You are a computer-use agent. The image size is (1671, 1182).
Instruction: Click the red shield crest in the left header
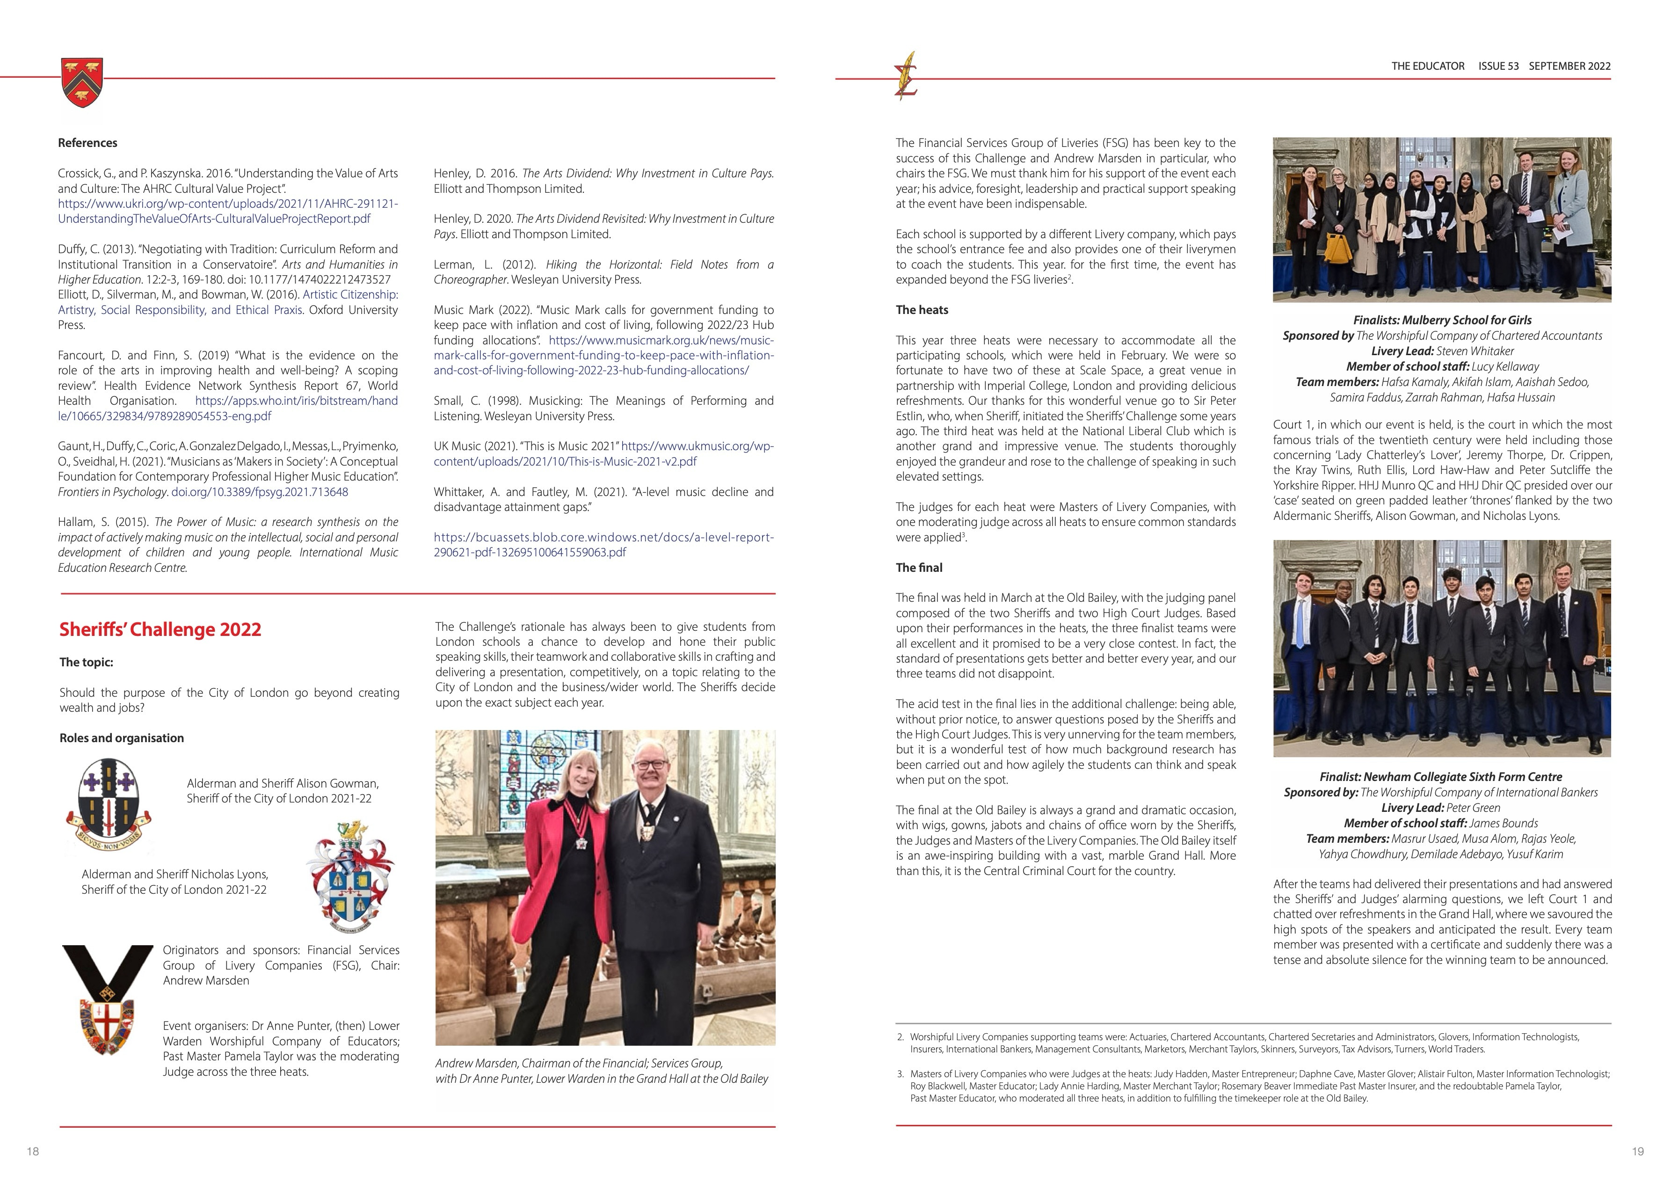click(82, 82)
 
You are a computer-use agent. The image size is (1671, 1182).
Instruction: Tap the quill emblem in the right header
click(907, 76)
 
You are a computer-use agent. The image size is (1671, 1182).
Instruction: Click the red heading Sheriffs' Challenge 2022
click(160, 629)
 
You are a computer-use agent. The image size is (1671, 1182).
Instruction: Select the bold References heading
click(87, 143)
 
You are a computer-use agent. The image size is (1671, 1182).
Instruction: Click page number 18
click(33, 1152)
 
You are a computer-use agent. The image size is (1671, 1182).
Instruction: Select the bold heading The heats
click(922, 310)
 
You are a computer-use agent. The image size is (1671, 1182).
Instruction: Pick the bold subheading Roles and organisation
click(122, 738)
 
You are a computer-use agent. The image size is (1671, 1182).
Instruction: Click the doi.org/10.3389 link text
click(259, 492)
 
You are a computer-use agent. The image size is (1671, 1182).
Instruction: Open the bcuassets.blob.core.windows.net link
click(603, 544)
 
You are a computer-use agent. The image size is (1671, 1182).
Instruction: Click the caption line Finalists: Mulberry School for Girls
click(1442, 320)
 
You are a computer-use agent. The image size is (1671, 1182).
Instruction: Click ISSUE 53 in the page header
click(1498, 66)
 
